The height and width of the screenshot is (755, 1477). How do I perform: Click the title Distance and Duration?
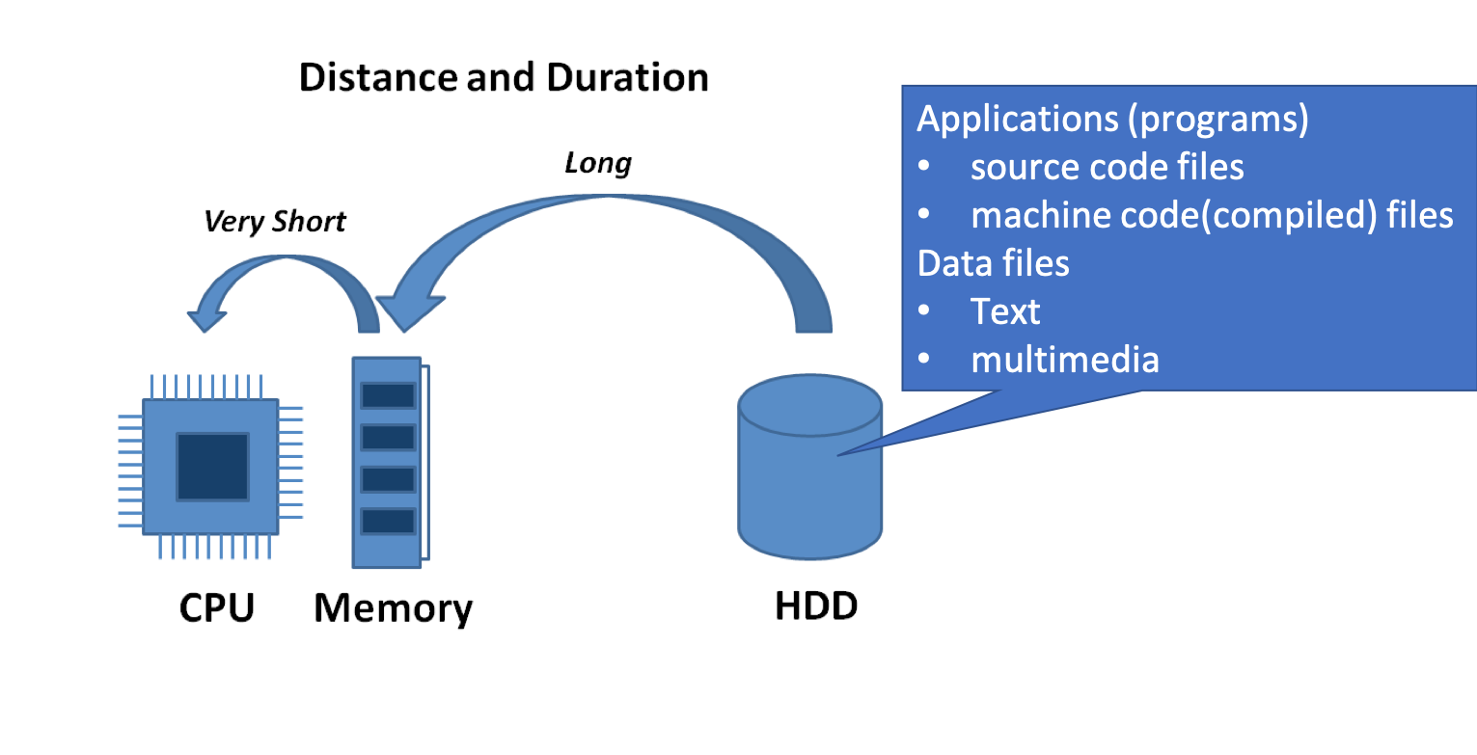click(x=504, y=77)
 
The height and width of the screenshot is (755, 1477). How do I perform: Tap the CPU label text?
click(x=217, y=607)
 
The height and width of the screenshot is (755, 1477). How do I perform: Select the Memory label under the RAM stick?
click(x=394, y=609)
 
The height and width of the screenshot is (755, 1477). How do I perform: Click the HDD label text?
click(x=816, y=607)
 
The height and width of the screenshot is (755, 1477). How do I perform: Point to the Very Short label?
click(x=275, y=222)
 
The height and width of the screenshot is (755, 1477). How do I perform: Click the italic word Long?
click(x=597, y=164)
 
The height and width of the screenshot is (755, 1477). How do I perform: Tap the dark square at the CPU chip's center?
click(x=212, y=467)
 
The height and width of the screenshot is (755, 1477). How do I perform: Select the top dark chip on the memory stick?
click(x=389, y=395)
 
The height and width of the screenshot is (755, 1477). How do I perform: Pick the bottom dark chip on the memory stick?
click(x=389, y=522)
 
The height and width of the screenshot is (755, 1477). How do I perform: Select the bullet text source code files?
click(x=1108, y=167)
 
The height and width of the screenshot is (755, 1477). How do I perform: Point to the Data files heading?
click(x=994, y=263)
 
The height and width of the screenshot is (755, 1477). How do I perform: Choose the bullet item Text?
click(x=1005, y=311)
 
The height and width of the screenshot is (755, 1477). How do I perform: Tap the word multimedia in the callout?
click(x=1065, y=360)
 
